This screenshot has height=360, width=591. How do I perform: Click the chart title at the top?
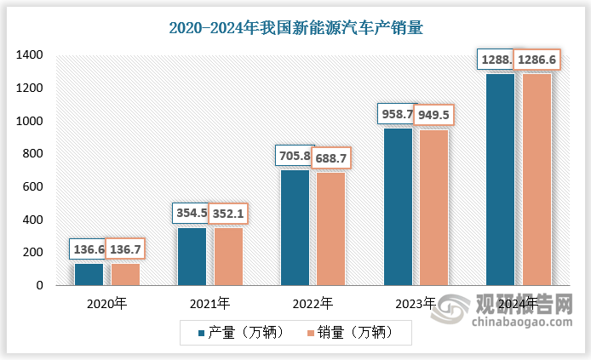(295, 27)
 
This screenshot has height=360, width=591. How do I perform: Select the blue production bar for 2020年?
(89, 274)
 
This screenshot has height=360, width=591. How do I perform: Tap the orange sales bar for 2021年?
(228, 256)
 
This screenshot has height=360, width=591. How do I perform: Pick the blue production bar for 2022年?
(295, 227)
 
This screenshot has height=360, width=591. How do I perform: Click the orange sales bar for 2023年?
(434, 207)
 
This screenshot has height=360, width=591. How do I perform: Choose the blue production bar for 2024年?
(500, 180)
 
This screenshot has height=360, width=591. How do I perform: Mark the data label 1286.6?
(537, 61)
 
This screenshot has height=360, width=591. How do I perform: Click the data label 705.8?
(294, 155)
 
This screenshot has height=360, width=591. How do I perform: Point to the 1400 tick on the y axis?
(29, 55)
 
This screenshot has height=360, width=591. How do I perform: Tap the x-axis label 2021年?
(209, 302)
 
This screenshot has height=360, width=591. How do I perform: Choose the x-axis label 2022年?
(313, 302)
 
